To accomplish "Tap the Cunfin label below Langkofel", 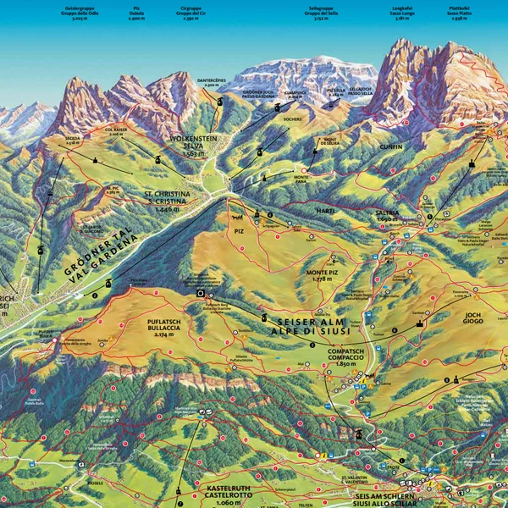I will click(x=391, y=146).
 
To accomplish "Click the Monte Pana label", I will click(x=306, y=178).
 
